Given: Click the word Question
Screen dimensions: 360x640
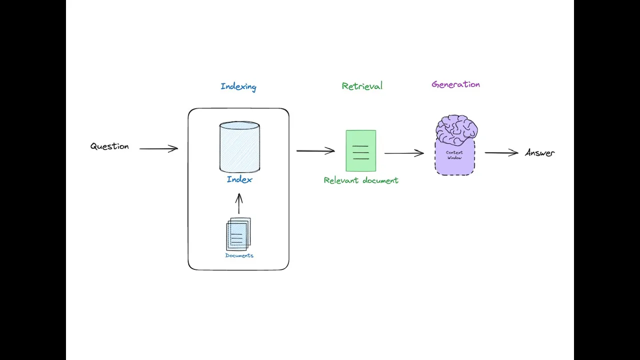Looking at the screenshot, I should (109, 146).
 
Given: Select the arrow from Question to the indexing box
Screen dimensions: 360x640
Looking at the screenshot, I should (158, 148).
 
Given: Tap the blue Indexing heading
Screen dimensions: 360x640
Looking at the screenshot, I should (238, 86).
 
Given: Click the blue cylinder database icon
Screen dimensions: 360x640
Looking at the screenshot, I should (239, 146).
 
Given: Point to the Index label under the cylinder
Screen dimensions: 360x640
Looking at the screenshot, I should (239, 179).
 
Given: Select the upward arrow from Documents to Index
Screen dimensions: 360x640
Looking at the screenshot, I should (239, 203).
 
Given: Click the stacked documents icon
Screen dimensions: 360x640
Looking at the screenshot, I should (238, 234).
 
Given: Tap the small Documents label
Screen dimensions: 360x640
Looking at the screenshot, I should (239, 255).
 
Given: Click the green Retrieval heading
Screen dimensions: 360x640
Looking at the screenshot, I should (362, 86).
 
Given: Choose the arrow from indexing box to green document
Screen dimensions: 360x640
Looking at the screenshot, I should (315, 150).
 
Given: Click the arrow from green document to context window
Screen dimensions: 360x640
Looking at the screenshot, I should (404, 153).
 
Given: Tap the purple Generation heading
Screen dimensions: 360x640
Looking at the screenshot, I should (455, 84).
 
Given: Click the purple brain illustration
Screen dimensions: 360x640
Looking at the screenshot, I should (456, 129).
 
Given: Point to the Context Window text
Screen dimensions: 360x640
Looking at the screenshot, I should (454, 155).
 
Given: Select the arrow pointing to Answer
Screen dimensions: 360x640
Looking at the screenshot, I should (501, 153).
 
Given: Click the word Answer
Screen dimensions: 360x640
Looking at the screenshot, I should (540, 153).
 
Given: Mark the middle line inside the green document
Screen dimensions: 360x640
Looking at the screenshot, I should (360, 152).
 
